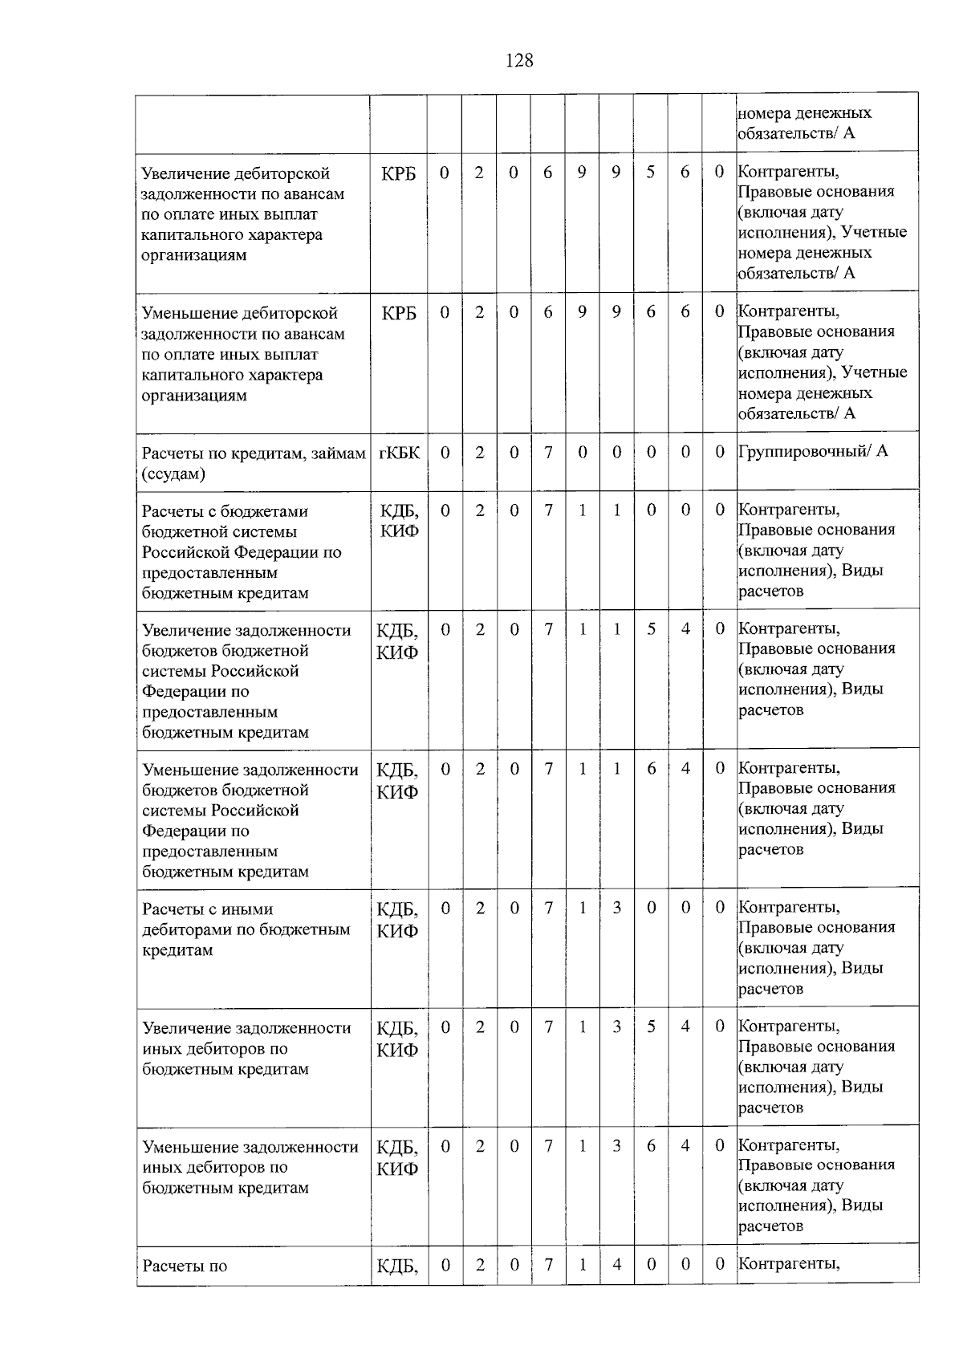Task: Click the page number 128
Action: tap(519, 60)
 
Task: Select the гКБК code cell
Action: tap(399, 453)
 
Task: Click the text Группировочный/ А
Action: tap(813, 451)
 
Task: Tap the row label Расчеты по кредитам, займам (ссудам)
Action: tap(253, 463)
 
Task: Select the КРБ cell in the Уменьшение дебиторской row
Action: tap(399, 313)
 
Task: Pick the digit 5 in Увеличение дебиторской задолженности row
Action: tap(651, 173)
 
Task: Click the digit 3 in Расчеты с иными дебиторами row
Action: tap(616, 908)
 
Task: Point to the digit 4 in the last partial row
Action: tap(616, 1264)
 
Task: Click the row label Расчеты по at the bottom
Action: tap(185, 1266)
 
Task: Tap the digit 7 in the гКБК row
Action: tap(548, 453)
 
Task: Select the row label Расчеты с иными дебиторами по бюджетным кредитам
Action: tap(246, 929)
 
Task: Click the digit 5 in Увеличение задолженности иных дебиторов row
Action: tap(651, 1027)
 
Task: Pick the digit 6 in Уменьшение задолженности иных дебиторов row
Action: tap(651, 1145)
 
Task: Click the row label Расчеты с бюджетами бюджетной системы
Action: tap(242, 552)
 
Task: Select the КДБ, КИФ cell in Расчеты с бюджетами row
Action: tap(399, 521)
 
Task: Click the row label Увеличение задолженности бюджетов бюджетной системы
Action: tap(246, 681)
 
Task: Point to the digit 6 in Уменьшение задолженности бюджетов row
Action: tap(651, 769)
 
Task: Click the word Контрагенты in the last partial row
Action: tap(789, 1264)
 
